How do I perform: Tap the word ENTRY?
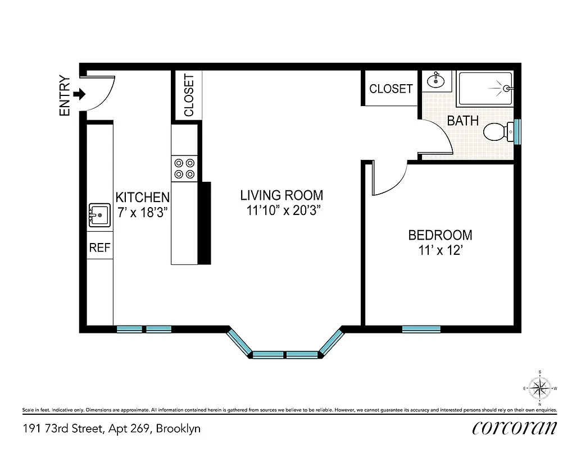tap(65, 96)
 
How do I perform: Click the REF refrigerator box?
tap(100, 248)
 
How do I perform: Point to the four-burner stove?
tap(184, 167)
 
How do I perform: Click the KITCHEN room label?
tap(142, 198)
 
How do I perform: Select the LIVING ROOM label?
tap(282, 195)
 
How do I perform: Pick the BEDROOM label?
tap(440, 235)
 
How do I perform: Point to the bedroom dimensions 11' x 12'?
tap(440, 250)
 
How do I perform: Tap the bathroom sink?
tap(435, 81)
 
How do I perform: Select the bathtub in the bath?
tap(484, 89)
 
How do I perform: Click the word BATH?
tap(462, 121)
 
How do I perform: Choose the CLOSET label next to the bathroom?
tap(391, 89)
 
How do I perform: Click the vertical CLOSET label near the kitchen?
tap(189, 95)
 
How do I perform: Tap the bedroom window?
tap(421, 329)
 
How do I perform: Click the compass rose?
tap(540, 388)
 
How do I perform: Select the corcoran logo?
tap(515, 428)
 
